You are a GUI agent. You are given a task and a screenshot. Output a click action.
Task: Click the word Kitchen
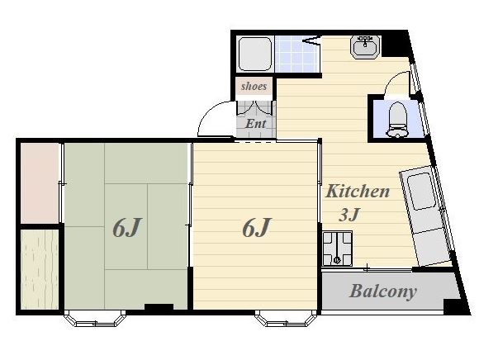point(358,191)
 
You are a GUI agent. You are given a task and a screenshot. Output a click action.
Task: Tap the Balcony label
point(383,291)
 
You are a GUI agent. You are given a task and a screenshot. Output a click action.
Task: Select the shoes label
point(254,86)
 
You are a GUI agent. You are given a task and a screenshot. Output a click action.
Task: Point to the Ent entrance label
point(255,124)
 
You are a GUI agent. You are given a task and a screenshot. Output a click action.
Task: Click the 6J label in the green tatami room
point(127,227)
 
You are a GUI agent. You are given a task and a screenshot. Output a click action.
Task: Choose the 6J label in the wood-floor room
point(256,227)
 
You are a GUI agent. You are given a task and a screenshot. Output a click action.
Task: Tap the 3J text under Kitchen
point(349,215)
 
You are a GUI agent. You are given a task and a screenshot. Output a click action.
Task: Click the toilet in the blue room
point(397,120)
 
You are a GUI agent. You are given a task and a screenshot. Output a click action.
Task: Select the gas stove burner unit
point(337,249)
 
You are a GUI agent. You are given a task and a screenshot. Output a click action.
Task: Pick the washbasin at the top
point(365,46)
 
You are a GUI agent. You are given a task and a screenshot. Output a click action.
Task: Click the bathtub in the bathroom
point(255,54)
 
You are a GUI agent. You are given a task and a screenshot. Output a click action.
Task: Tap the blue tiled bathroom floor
point(296,54)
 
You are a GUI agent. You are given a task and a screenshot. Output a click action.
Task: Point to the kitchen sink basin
point(421,191)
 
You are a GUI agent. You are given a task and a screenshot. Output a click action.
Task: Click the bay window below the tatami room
point(95,319)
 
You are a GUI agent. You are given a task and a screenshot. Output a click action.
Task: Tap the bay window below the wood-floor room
point(286,319)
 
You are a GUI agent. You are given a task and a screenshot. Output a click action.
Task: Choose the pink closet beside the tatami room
point(40,183)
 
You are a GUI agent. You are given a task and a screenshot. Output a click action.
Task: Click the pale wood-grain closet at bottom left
point(40,269)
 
